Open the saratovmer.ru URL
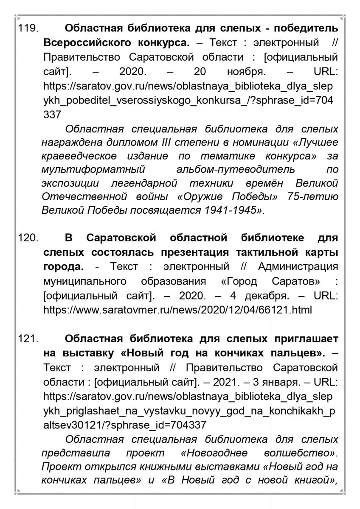177,310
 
